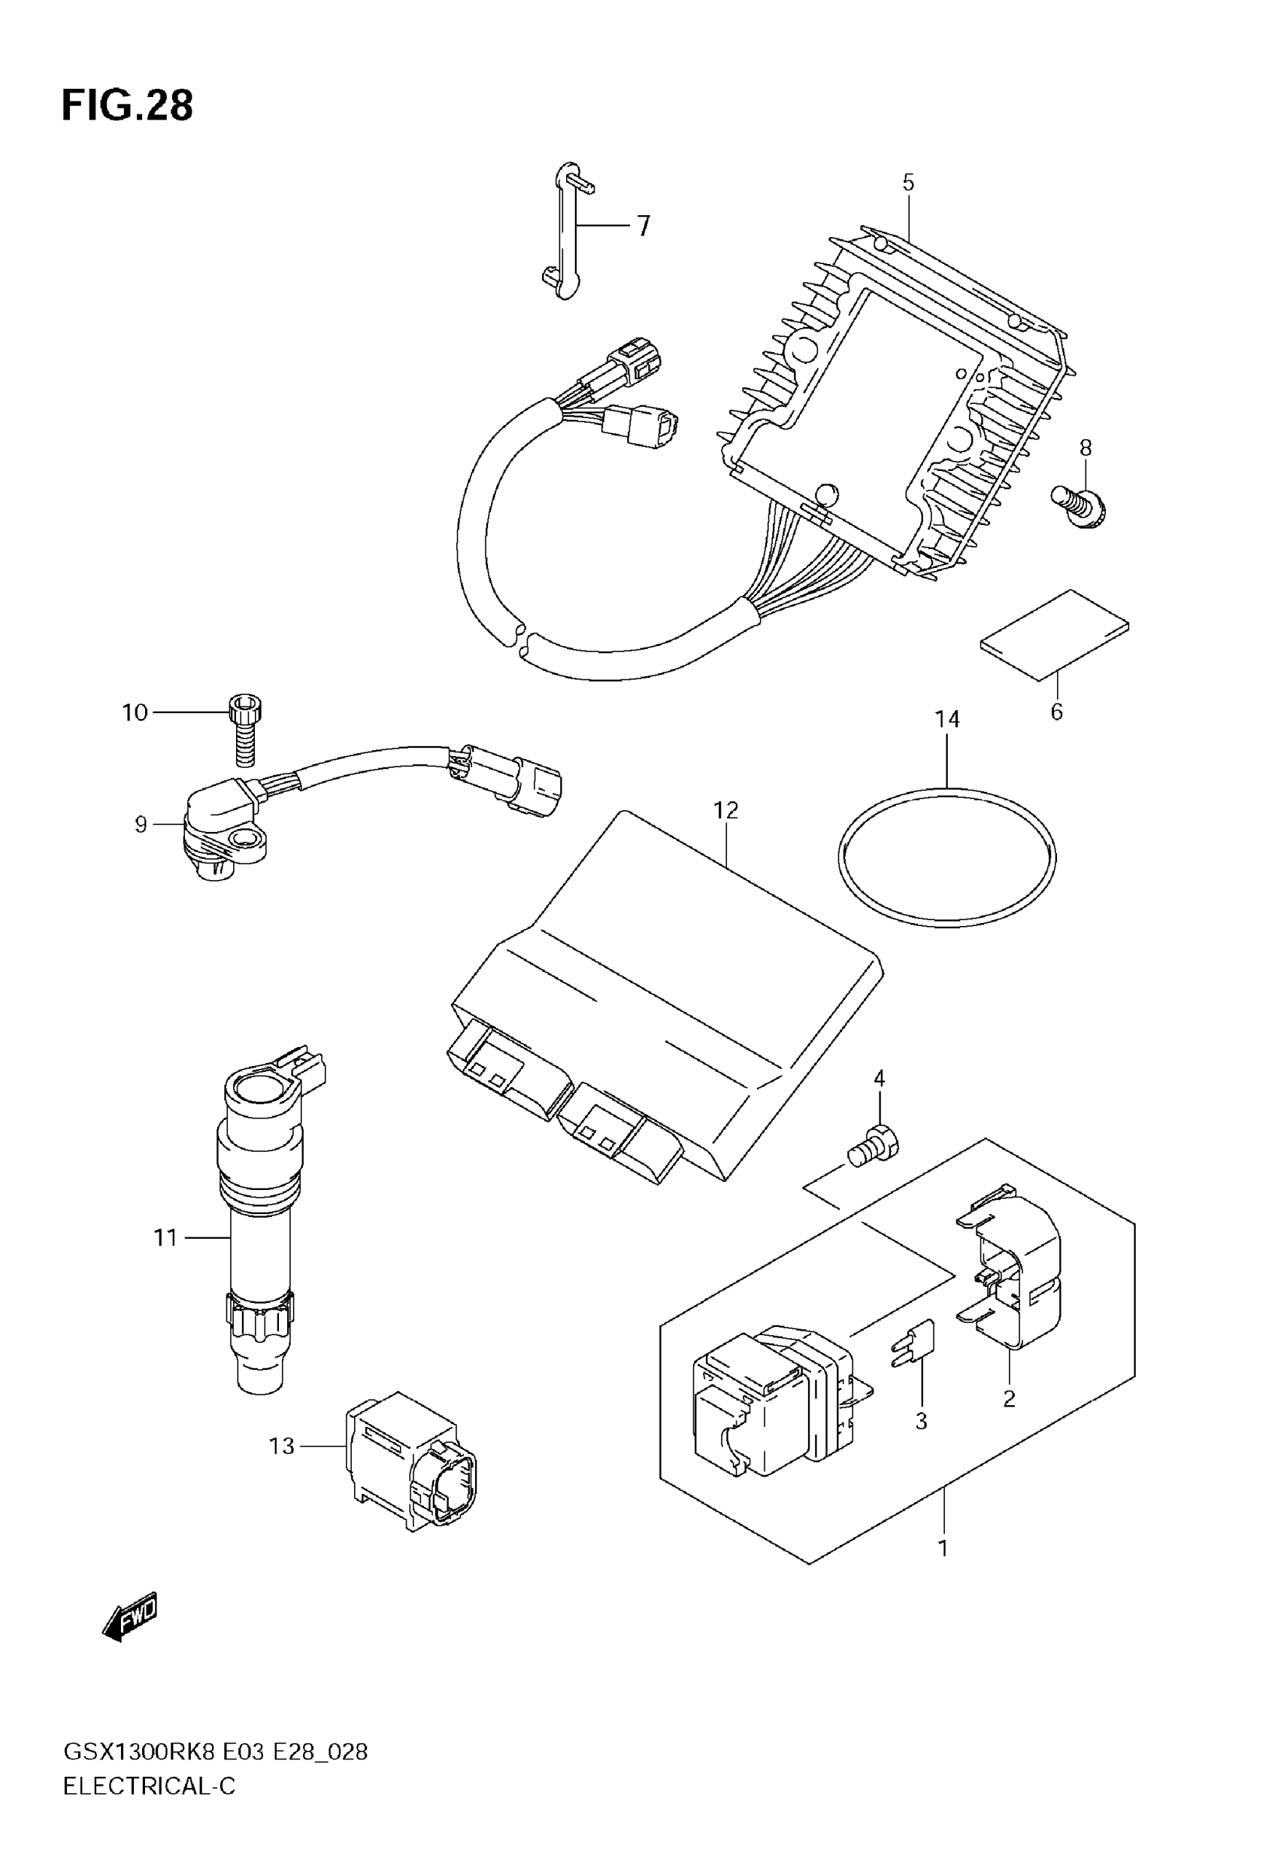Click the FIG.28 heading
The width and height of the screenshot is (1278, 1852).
127,106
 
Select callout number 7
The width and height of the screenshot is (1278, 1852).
644,226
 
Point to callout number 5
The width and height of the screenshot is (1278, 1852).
908,183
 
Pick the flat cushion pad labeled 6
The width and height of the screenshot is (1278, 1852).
1055,634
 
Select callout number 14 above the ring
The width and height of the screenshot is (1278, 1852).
947,719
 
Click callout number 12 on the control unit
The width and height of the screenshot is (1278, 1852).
725,811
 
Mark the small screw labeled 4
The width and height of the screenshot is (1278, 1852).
874,1150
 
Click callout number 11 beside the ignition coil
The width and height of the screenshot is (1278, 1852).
165,1237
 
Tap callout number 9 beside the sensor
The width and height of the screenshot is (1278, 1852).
141,824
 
